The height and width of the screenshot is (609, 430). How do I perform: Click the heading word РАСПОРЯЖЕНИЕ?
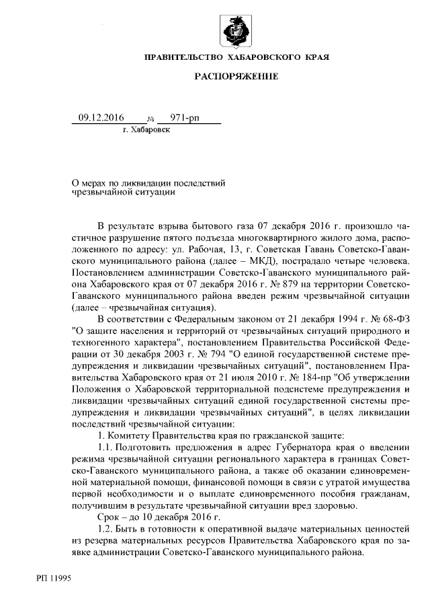click(x=236, y=77)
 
